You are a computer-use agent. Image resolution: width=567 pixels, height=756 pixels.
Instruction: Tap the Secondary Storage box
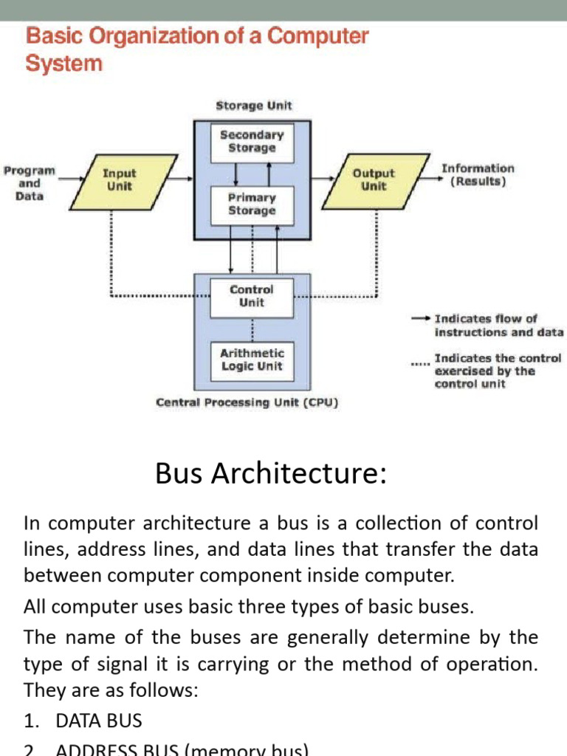click(x=252, y=141)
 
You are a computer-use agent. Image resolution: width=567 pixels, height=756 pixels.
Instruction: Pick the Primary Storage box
click(x=252, y=204)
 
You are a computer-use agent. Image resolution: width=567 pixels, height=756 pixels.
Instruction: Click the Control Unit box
click(x=252, y=296)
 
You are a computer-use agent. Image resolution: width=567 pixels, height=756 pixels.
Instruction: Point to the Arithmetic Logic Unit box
click(x=252, y=360)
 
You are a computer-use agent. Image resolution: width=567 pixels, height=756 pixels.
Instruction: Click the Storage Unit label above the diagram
click(x=253, y=106)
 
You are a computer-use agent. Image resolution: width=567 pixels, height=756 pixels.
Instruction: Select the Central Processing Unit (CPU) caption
click(x=247, y=403)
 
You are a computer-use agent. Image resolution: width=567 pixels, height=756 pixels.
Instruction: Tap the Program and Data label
click(x=30, y=183)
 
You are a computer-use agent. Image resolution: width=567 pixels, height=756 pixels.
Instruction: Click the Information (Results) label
click(x=478, y=174)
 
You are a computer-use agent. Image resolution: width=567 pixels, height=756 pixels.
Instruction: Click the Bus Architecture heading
click(x=271, y=473)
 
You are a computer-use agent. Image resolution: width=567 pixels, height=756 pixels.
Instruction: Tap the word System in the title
click(x=63, y=63)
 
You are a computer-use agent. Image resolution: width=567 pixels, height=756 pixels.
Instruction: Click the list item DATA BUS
click(x=99, y=721)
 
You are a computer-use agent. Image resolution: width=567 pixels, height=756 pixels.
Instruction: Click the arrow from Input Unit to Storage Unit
click(x=184, y=178)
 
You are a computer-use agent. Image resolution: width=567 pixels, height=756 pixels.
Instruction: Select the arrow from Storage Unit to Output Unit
click(x=322, y=178)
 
